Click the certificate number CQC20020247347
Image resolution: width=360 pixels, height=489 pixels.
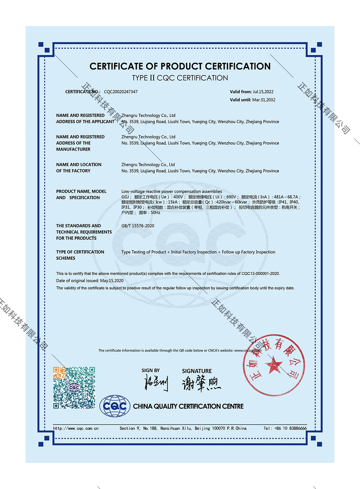[x=121, y=92]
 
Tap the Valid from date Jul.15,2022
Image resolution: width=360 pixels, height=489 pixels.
[x=263, y=92]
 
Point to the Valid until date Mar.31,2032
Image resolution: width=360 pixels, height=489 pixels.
[x=264, y=100]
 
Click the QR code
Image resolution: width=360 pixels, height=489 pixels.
[x=74, y=387]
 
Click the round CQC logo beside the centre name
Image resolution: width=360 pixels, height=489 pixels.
[x=115, y=406]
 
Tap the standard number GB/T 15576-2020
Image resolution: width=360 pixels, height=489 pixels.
[x=138, y=226]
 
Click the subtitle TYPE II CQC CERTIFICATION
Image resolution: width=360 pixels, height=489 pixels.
[x=180, y=78]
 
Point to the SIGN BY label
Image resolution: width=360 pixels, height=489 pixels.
[x=150, y=371]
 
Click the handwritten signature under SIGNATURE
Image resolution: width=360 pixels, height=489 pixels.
[x=201, y=384]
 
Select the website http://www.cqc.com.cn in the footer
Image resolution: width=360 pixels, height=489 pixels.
[x=76, y=429]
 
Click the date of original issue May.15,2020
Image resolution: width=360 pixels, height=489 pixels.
[x=112, y=281]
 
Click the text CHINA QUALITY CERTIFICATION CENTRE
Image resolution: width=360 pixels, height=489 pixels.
[x=188, y=407]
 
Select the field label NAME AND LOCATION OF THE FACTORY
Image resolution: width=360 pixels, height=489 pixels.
[x=78, y=168]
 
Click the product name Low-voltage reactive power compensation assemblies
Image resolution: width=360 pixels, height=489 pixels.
[x=172, y=192]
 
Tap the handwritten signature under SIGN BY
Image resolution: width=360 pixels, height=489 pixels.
[x=156, y=383]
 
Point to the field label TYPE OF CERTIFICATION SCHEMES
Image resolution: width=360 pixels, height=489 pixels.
[x=80, y=255]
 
